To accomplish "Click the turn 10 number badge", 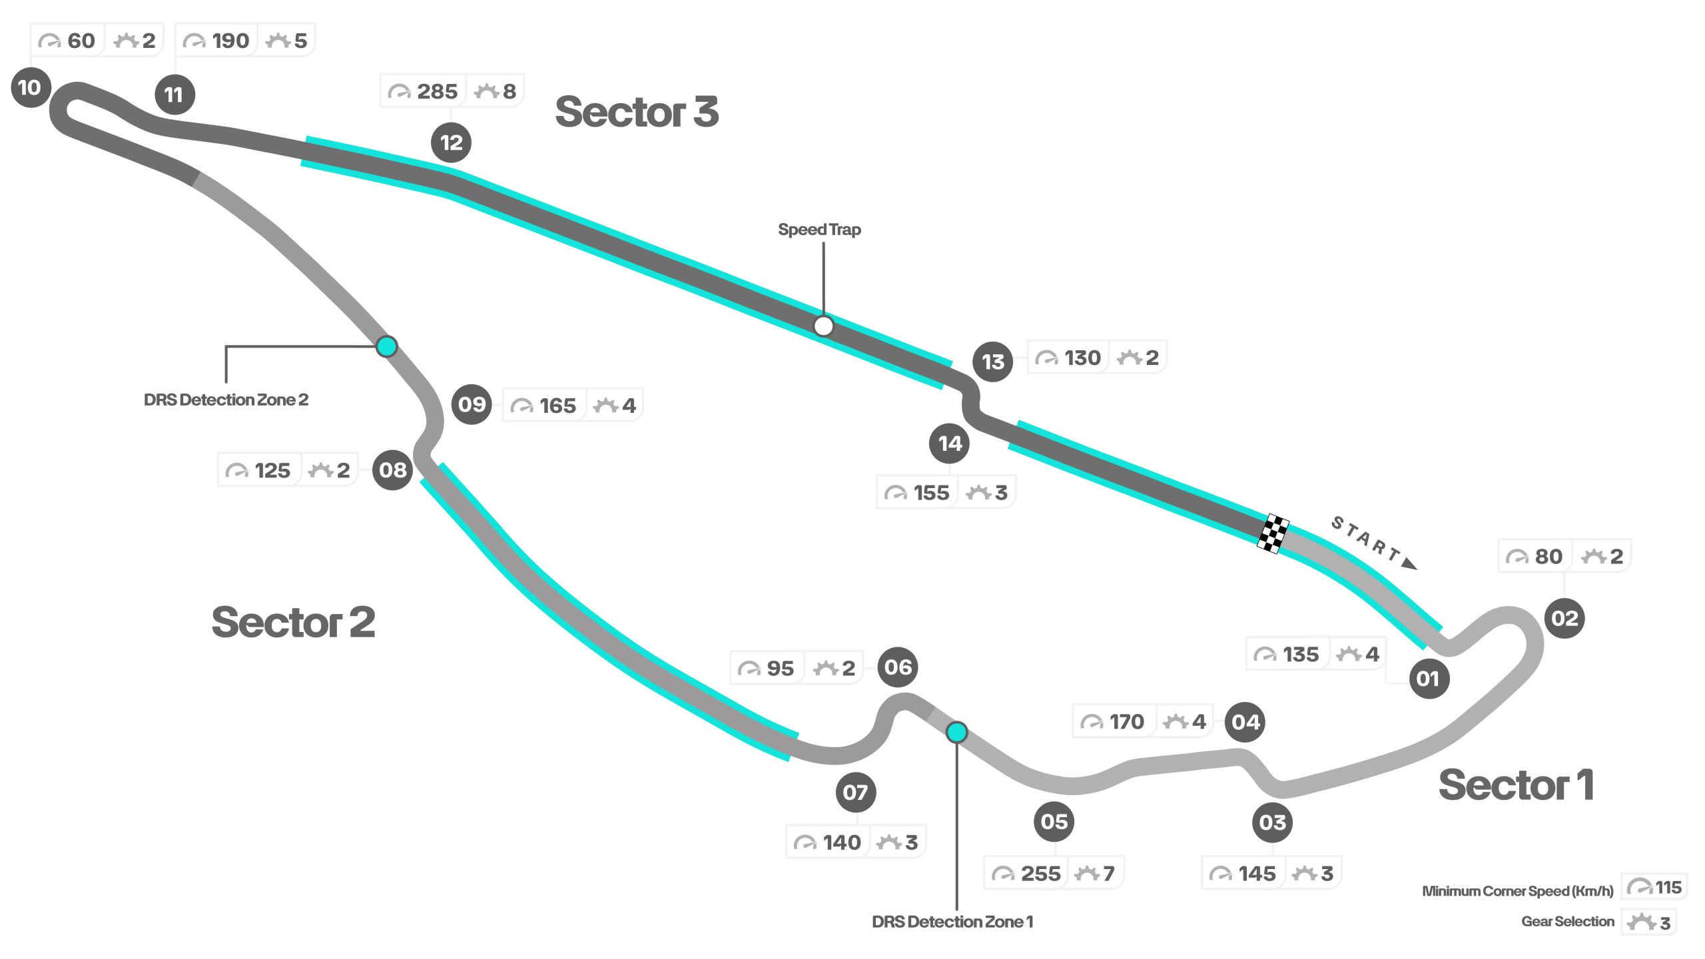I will pos(31,87).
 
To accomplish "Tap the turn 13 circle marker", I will pos(992,362).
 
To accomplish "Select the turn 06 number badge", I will pos(898,667).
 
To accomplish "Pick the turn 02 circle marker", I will pos(1564,619).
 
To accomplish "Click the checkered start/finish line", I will pos(1273,533).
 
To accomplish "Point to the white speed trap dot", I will pos(824,326).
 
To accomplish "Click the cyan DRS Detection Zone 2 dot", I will pos(387,346).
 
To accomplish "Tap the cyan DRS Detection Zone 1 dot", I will pos(957,733).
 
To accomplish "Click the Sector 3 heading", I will pos(637,111).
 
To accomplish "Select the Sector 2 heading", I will pos(293,622).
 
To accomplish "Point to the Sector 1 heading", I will pos(1516,785).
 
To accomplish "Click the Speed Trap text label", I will pos(819,230).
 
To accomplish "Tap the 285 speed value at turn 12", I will pos(437,91).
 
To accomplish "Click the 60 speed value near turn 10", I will pos(81,41).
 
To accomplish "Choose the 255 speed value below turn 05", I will pos(1040,874).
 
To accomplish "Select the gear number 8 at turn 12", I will pos(510,91).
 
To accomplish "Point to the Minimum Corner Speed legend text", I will pos(1517,891).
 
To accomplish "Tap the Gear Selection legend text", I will pos(1568,922).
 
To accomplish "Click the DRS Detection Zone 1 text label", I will pos(952,922).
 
